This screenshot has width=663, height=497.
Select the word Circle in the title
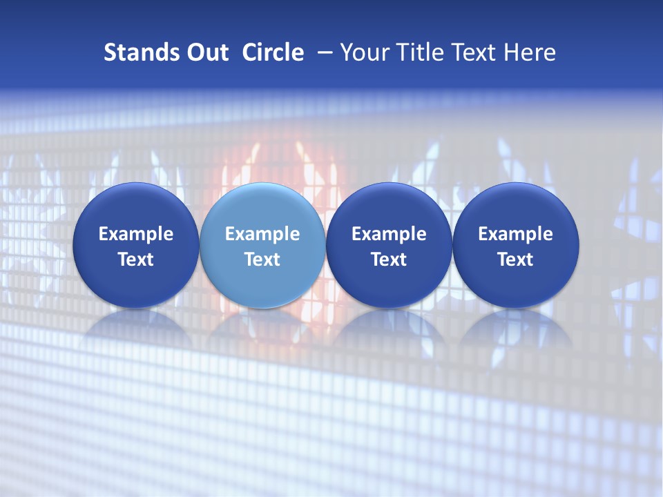[273, 52]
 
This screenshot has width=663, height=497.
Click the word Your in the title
[364, 52]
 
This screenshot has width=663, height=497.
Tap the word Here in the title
[528, 52]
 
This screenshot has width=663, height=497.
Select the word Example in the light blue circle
[262, 235]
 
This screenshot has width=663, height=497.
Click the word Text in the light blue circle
[262, 260]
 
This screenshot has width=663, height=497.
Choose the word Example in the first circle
[136, 235]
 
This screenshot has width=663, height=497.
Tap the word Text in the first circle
[136, 260]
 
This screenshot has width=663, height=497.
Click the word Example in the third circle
[389, 235]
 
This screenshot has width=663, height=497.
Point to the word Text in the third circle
[389, 260]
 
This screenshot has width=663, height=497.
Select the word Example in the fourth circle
[515, 235]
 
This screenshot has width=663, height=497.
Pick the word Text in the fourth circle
[515, 260]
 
